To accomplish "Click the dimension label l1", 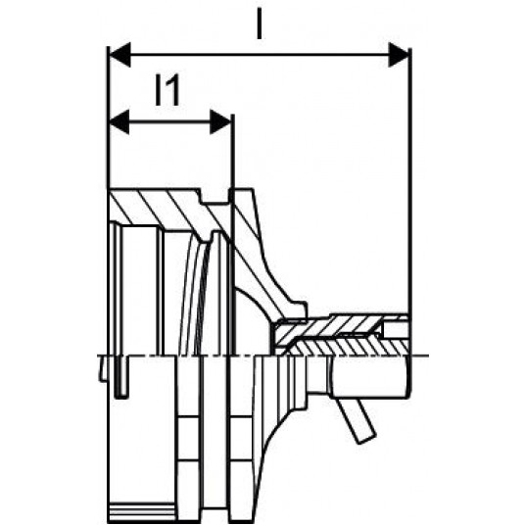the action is coord(167,90).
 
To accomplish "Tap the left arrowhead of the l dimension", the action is coord(119,55).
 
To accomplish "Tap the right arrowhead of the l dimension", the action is coord(399,55).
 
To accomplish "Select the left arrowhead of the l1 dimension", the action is coord(119,121).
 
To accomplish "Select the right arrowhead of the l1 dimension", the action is coord(220,121).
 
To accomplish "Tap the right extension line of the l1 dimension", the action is coord(233,234).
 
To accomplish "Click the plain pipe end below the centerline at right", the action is coord(371,377).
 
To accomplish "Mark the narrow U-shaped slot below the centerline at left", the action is coord(121,378).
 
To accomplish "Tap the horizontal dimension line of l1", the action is coord(170,121).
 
